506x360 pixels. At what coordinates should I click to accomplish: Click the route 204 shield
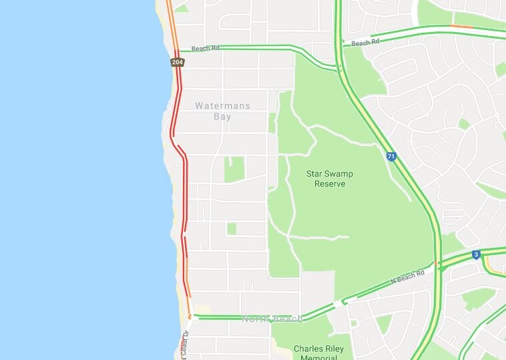coord(177,62)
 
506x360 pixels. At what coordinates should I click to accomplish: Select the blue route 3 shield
coord(475,254)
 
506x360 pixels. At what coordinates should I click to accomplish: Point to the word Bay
coord(222,116)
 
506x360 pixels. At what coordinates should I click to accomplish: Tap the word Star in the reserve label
coord(314,174)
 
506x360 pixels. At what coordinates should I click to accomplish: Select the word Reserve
coord(330,184)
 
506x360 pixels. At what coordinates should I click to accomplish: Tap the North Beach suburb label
coord(272,319)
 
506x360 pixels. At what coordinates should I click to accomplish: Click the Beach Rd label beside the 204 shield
coord(205,49)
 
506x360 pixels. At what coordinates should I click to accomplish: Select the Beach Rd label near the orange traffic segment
coord(365,43)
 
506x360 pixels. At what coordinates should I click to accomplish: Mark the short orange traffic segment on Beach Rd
coord(461,27)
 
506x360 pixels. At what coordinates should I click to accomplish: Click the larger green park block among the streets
coord(234,170)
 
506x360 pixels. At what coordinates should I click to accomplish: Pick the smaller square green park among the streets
coord(232,228)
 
